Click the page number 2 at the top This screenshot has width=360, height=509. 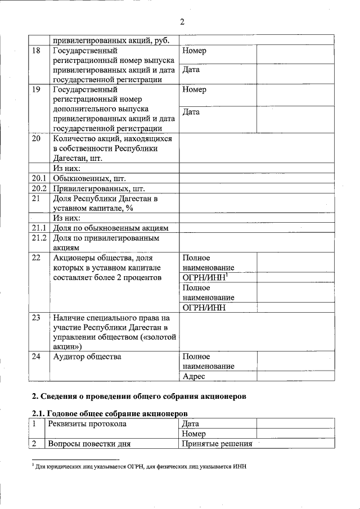click(x=182, y=22)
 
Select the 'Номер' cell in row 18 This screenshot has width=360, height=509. click(x=195, y=51)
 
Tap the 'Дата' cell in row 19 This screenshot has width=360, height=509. click(x=191, y=112)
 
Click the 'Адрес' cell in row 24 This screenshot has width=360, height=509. click(x=194, y=376)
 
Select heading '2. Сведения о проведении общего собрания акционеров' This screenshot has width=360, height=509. click(x=138, y=396)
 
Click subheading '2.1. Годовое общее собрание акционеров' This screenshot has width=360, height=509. click(x=105, y=413)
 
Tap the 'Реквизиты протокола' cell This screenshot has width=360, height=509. click(x=87, y=424)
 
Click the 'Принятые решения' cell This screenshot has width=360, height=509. click(x=217, y=444)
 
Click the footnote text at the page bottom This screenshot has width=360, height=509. click(x=141, y=467)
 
